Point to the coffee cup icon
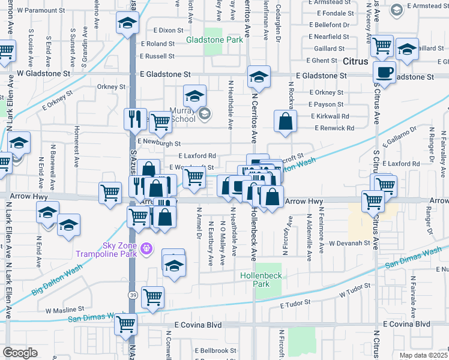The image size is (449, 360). (384, 73)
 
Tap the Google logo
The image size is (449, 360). (20, 352)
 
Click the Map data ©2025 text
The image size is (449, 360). (424, 355)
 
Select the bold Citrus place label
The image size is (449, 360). (359, 61)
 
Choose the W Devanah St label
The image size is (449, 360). (348, 243)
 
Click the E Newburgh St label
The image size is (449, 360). (159, 143)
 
